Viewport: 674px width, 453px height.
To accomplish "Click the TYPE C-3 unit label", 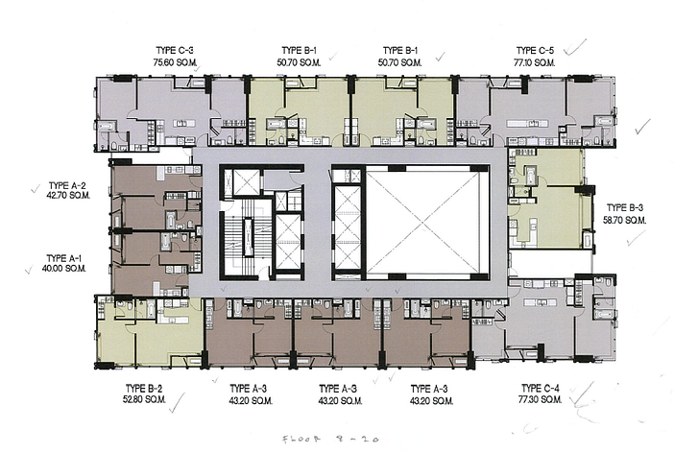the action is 172,51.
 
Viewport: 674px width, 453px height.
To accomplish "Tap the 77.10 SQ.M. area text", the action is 534,62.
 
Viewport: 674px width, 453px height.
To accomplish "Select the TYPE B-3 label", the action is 625,208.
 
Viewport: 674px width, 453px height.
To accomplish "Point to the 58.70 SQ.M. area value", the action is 624,221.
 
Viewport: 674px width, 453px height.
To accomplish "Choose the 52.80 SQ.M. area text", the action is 144,399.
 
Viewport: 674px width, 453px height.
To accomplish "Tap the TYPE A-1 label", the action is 64,258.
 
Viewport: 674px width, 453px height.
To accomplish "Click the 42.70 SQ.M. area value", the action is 68,195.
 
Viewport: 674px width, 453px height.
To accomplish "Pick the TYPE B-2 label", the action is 144,389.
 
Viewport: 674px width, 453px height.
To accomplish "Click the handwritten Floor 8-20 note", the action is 330,440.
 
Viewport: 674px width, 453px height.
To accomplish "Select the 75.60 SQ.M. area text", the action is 175,62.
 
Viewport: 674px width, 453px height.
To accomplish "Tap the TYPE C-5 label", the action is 535,51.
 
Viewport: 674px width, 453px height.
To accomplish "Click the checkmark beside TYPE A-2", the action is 36,189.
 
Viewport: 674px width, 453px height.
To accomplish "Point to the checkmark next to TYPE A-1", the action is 29,270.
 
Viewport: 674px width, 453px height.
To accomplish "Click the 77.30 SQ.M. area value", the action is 540,399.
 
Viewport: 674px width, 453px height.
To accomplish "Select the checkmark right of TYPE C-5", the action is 574,48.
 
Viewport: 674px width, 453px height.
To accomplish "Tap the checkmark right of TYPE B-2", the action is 177,404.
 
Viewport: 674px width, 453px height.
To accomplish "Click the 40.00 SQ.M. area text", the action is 64,269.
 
